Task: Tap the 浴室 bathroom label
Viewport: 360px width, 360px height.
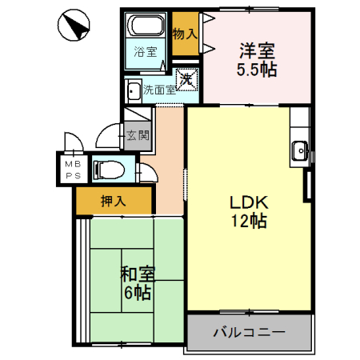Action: pyautogui.click(x=145, y=53)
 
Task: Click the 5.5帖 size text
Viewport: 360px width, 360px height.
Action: pyautogui.click(x=256, y=70)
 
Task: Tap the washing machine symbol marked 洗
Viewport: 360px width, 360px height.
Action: pyautogui.click(x=186, y=79)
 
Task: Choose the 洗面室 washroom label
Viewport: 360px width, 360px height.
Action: pyautogui.click(x=158, y=90)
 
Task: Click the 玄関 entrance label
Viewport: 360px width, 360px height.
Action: pyautogui.click(x=137, y=135)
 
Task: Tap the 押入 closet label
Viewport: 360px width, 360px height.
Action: pyautogui.click(x=112, y=202)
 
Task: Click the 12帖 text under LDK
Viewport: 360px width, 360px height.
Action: pyautogui.click(x=247, y=223)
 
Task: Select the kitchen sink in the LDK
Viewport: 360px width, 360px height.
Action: pyautogui.click(x=301, y=149)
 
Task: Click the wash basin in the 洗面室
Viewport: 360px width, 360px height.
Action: pyautogui.click(x=133, y=90)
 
